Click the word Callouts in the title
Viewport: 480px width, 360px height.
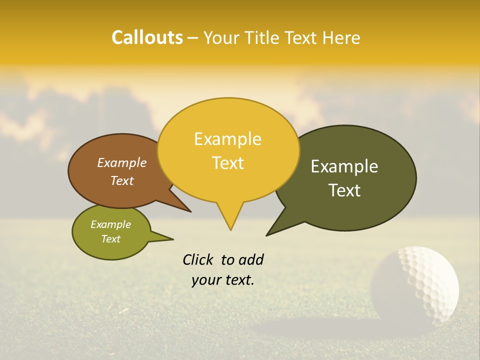pyautogui.click(x=147, y=37)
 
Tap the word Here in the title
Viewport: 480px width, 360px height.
pyautogui.click(x=341, y=37)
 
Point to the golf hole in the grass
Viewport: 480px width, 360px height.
pyautogui.click(x=320, y=327)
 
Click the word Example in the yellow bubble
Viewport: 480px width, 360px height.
pyautogui.click(x=227, y=139)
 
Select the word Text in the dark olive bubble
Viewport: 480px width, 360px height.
pyautogui.click(x=345, y=190)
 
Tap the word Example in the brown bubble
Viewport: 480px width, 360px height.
pyautogui.click(x=121, y=163)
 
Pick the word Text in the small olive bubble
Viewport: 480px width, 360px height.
pyautogui.click(x=111, y=239)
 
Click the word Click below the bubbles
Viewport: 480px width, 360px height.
pyautogui.click(x=199, y=259)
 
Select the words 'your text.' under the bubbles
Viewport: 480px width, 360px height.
pyautogui.click(x=222, y=280)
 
